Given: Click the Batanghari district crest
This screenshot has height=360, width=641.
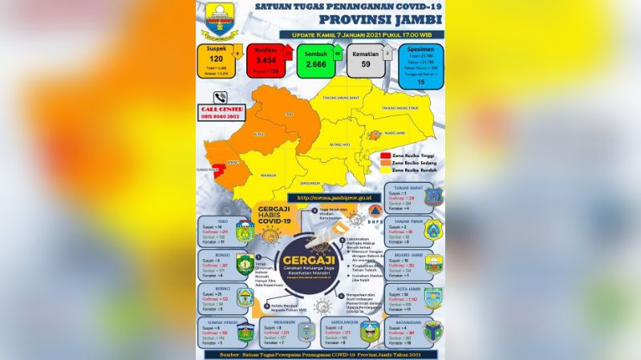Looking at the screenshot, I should click(433, 331).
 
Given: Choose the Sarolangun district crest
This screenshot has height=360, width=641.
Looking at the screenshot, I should click(371, 331).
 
